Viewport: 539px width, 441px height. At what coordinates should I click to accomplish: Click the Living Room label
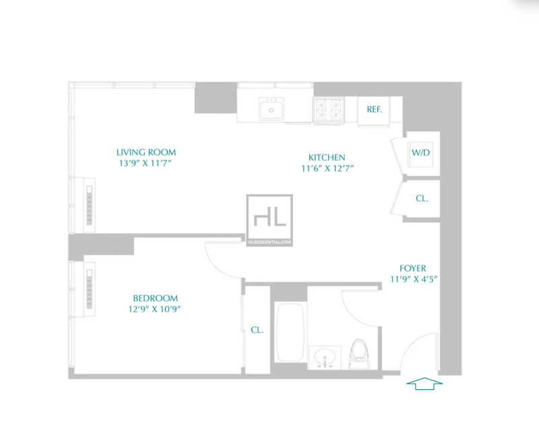click(146, 152)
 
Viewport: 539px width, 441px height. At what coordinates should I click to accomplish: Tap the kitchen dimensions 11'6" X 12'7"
click(327, 168)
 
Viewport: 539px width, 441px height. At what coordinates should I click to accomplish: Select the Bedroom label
click(156, 298)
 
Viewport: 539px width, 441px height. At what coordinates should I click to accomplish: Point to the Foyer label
click(413, 268)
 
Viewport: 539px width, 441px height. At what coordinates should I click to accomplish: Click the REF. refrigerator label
click(375, 109)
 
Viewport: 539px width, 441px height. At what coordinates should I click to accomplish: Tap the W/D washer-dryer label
click(420, 152)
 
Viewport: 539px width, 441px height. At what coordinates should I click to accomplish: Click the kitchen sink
click(272, 108)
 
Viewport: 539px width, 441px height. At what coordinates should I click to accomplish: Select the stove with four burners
click(328, 110)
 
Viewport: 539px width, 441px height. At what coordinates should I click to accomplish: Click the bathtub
click(290, 332)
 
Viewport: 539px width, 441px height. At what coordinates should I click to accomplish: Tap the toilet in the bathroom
click(359, 353)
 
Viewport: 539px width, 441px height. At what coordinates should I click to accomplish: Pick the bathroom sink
click(325, 358)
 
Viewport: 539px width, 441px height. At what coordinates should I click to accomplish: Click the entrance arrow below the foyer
click(424, 384)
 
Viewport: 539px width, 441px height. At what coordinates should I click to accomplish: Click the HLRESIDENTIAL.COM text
click(270, 242)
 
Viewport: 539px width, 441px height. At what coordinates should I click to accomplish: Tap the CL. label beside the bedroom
click(257, 330)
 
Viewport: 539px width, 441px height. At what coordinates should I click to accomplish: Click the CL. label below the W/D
click(422, 199)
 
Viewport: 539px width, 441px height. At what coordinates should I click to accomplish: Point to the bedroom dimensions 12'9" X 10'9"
click(155, 309)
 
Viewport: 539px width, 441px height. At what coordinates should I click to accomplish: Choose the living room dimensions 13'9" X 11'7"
click(145, 163)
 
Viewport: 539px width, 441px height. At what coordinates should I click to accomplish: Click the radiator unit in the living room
click(90, 205)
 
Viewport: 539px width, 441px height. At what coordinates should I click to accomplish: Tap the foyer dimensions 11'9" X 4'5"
click(414, 279)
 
